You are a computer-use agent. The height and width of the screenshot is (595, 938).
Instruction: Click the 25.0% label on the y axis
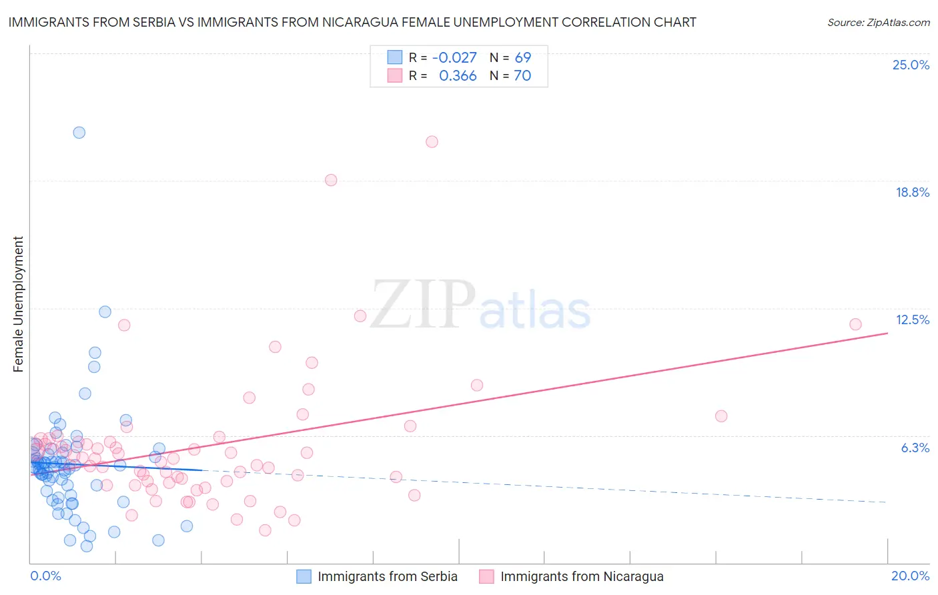click(911, 65)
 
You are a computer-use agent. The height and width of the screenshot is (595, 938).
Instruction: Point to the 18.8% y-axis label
click(912, 192)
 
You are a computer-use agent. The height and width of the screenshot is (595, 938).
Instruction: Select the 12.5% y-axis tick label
click(912, 320)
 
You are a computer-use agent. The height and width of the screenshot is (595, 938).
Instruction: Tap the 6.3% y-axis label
click(915, 448)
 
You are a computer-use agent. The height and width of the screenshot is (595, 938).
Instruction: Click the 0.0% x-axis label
click(45, 576)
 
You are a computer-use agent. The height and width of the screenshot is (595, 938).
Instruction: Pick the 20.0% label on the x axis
click(910, 576)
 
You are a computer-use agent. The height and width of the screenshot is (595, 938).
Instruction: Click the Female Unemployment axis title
click(18, 304)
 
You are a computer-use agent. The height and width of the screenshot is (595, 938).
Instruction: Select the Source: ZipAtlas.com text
click(878, 22)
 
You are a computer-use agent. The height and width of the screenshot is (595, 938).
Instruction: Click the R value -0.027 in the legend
click(454, 57)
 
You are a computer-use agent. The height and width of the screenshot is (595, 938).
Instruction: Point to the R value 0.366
click(458, 76)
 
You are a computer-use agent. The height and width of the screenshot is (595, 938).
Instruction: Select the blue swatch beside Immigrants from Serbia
click(304, 576)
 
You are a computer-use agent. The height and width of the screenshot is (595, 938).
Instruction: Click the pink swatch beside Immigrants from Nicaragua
click(486, 576)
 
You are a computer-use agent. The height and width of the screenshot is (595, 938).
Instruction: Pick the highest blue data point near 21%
click(79, 132)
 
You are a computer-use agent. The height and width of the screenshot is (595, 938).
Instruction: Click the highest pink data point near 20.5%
click(432, 141)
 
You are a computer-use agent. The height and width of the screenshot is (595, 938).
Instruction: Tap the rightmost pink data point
click(855, 324)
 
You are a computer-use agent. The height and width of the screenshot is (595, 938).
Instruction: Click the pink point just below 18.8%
click(331, 180)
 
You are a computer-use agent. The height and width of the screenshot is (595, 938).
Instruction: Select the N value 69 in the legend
click(523, 57)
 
